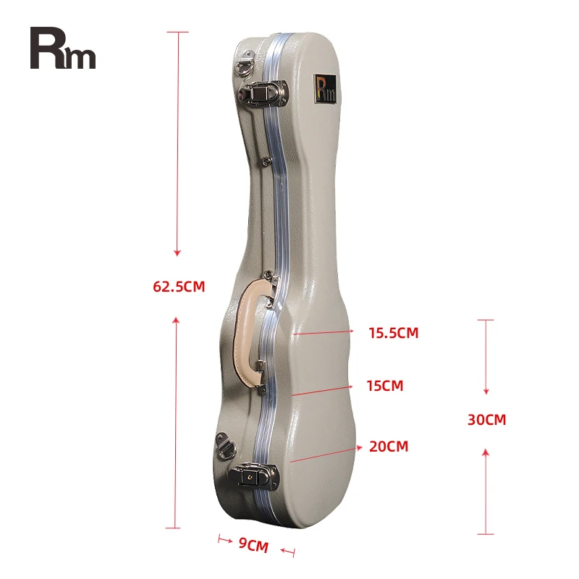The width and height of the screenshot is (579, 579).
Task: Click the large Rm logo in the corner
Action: (x=62, y=48)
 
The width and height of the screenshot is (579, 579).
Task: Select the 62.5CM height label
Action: (x=179, y=287)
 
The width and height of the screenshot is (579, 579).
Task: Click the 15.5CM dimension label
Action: (x=393, y=333)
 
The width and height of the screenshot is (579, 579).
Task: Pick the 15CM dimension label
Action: (x=385, y=386)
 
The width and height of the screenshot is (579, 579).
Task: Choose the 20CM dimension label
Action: (x=389, y=447)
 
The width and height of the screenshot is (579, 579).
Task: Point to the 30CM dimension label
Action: (x=486, y=420)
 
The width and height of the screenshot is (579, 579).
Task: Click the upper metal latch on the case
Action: (x=266, y=92)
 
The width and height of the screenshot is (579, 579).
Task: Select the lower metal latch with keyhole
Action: (x=253, y=476)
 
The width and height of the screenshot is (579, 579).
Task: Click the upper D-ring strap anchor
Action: (x=245, y=65)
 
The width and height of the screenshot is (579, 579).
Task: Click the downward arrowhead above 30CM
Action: (x=486, y=390)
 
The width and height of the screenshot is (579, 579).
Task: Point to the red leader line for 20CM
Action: (x=324, y=454)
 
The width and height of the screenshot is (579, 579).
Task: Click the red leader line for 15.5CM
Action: (x=323, y=333)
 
